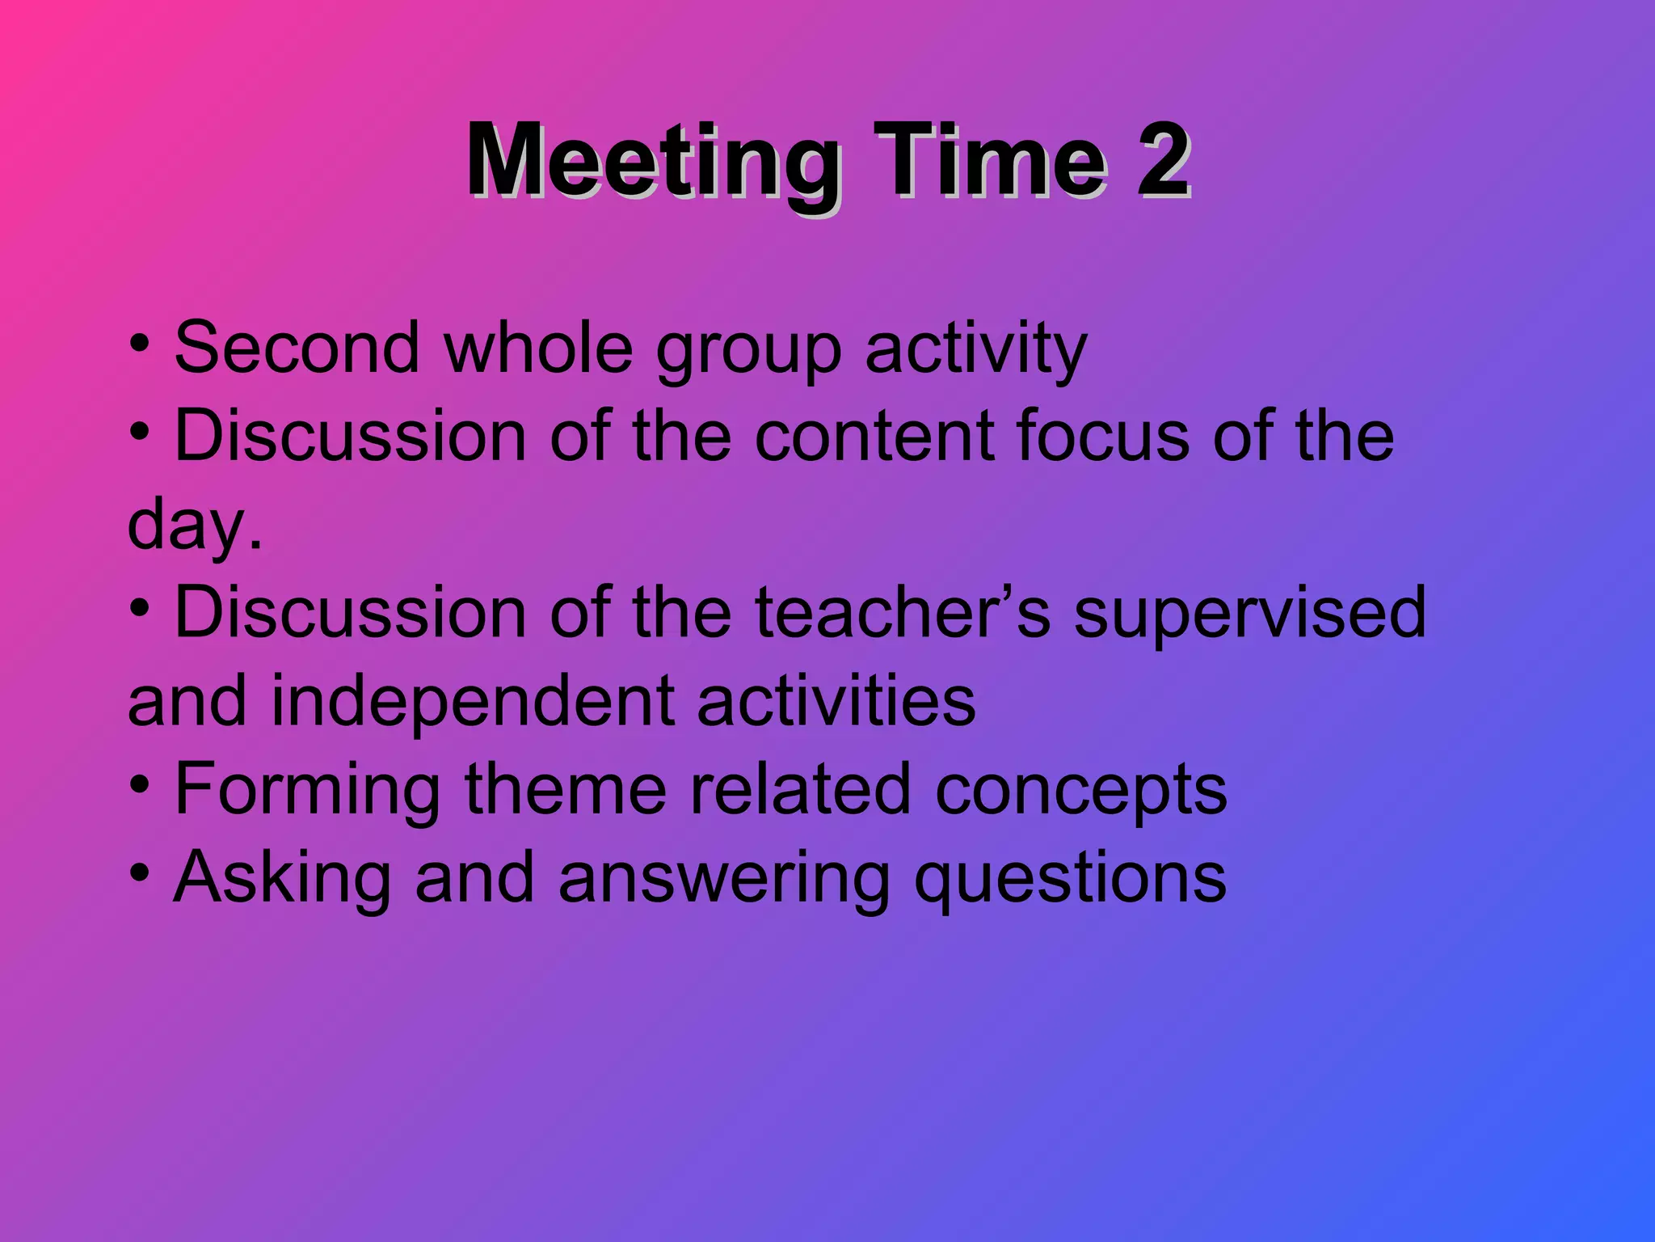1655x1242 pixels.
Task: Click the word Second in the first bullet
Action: tap(297, 348)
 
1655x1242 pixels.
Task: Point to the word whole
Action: tap(538, 348)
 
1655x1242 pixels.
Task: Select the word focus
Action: tap(1103, 436)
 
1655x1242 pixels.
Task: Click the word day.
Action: tap(194, 526)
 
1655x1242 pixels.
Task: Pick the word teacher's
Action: tap(903, 612)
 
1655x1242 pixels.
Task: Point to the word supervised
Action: tap(1249, 614)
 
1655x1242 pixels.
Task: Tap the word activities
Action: tap(836, 701)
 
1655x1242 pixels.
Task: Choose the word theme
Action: tap(565, 789)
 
